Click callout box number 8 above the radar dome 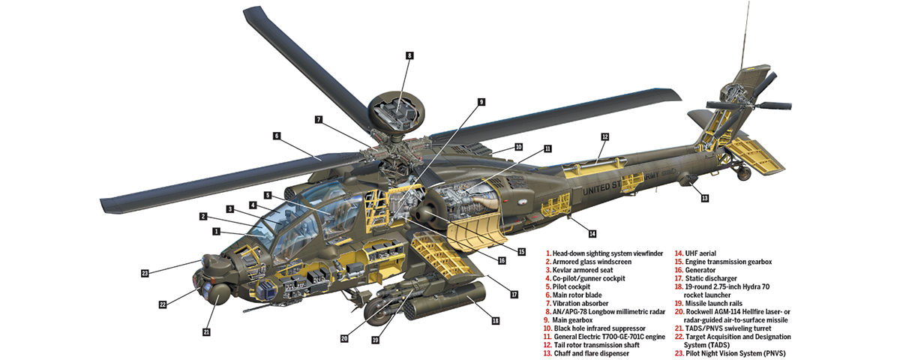[409, 55]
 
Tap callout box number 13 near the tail [704, 198]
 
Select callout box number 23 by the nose [145, 273]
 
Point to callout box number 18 [495, 320]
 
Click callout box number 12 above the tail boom [604, 136]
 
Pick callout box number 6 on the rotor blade [276, 136]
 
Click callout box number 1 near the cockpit [216, 232]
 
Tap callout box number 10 [518, 147]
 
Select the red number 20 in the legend [679, 311]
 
